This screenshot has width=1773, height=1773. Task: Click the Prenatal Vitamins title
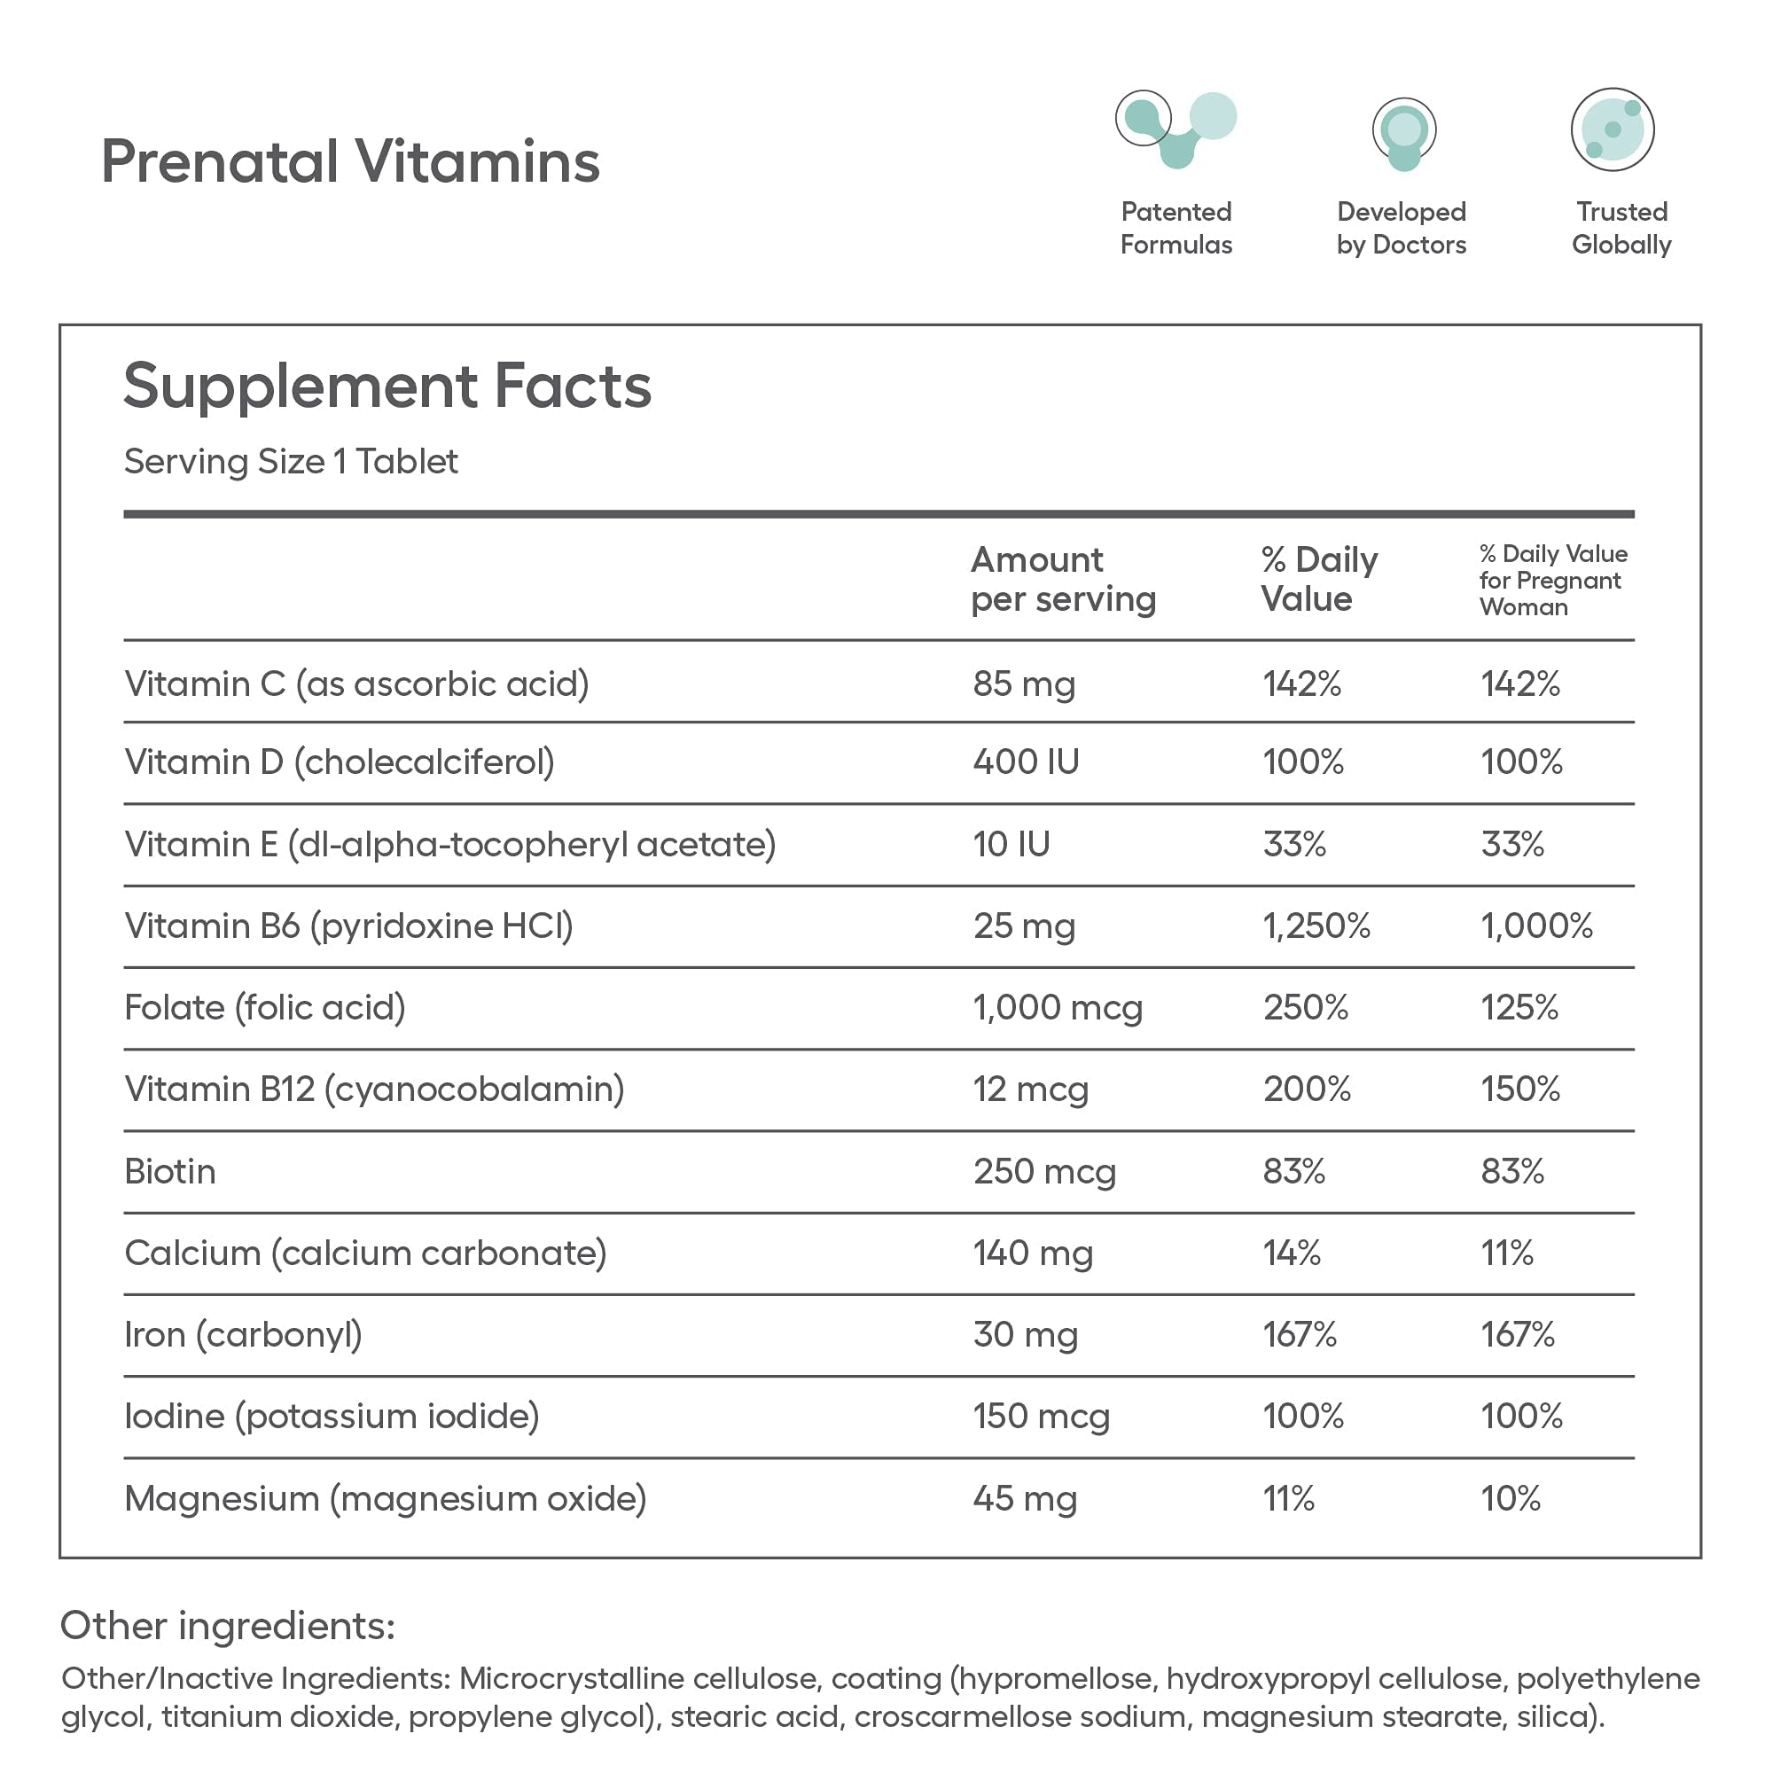point(349,161)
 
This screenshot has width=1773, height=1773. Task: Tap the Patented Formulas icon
point(1175,129)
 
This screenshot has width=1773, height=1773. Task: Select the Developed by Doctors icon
point(1403,133)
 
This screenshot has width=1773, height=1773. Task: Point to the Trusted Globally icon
point(1613,129)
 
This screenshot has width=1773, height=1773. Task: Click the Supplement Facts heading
point(387,386)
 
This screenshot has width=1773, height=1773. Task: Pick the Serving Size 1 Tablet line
point(290,462)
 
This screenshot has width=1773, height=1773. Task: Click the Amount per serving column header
point(1063,579)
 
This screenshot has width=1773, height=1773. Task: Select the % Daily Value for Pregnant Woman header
point(1553,580)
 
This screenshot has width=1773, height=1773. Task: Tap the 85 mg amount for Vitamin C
point(1023,683)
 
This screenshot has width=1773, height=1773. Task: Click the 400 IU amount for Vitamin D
point(1026,762)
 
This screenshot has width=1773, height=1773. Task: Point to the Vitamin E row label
point(449,844)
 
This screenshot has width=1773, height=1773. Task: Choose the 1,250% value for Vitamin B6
point(1316,926)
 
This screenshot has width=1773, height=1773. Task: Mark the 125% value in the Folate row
point(1519,1008)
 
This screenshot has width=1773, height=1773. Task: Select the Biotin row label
point(171,1172)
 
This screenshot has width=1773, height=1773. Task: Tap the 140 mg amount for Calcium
point(1033,1254)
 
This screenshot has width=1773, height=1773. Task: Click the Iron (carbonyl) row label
point(243,1335)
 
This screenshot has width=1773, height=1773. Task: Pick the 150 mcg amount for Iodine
point(1041,1417)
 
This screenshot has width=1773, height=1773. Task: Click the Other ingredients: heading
point(228,1626)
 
